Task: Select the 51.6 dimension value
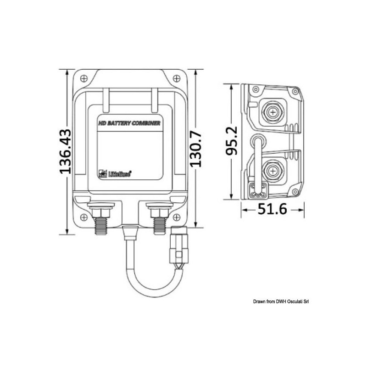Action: point(273,210)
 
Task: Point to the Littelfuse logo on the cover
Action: point(115,173)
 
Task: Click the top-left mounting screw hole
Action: point(83,78)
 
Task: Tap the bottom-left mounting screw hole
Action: point(83,217)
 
